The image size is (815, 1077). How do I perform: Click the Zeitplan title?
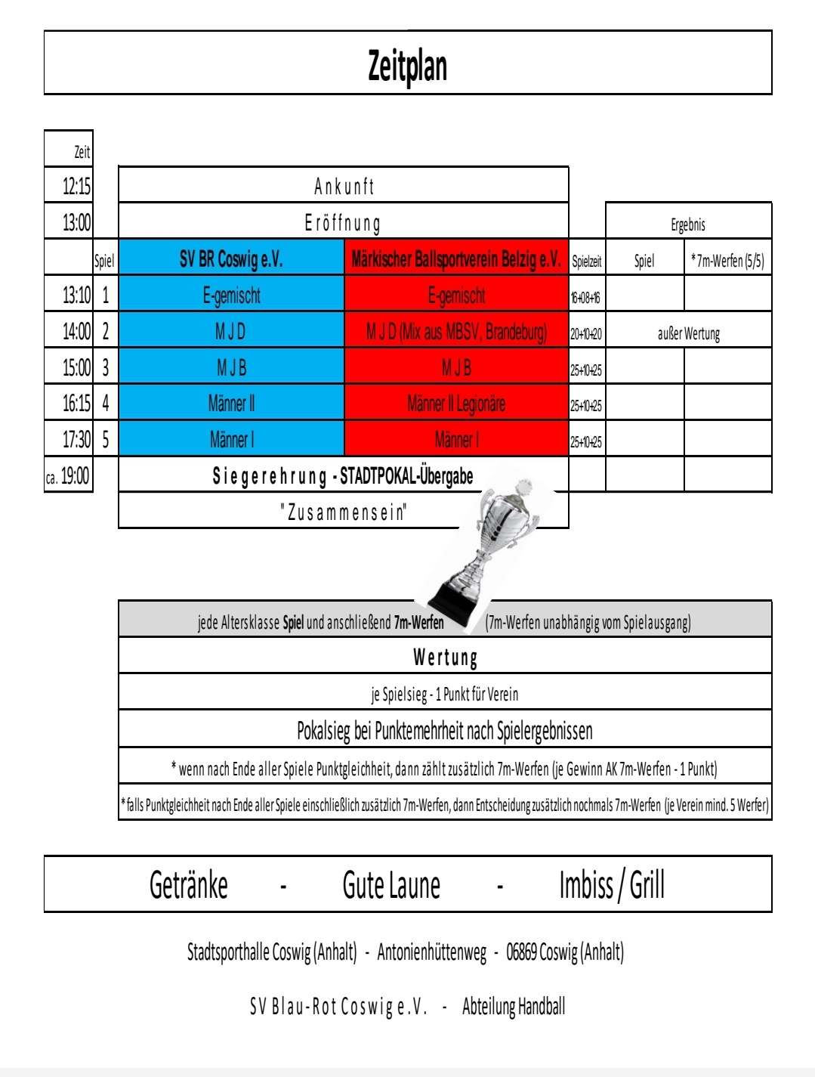pos(407,67)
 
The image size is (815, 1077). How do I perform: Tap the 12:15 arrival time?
pos(76,186)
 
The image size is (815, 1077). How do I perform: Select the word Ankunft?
pos(344,186)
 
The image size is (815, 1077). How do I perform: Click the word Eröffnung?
pos(343,223)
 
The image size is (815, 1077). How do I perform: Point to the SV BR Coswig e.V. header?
pos(231,259)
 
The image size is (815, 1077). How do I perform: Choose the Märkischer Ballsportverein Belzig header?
pos(456,259)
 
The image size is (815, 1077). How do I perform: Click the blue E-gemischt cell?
pos(231,296)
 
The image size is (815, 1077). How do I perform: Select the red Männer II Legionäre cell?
pos(456,404)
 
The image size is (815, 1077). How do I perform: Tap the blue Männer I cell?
pos(231,439)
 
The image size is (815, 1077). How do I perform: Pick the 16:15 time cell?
pos(76,404)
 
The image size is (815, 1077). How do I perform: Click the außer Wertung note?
pos(688,333)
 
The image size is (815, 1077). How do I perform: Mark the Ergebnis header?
pos(687,224)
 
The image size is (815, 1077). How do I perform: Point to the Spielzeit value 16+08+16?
pos(586,298)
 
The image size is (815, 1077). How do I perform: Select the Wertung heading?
pos(445,657)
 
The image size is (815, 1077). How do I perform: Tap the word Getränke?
pos(189,885)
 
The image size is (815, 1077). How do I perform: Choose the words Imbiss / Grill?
pos(612,885)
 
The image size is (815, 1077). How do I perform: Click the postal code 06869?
pos(521,952)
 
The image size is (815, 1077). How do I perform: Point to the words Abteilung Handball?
pos(514,1006)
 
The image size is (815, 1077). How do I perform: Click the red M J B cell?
pos(456,368)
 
